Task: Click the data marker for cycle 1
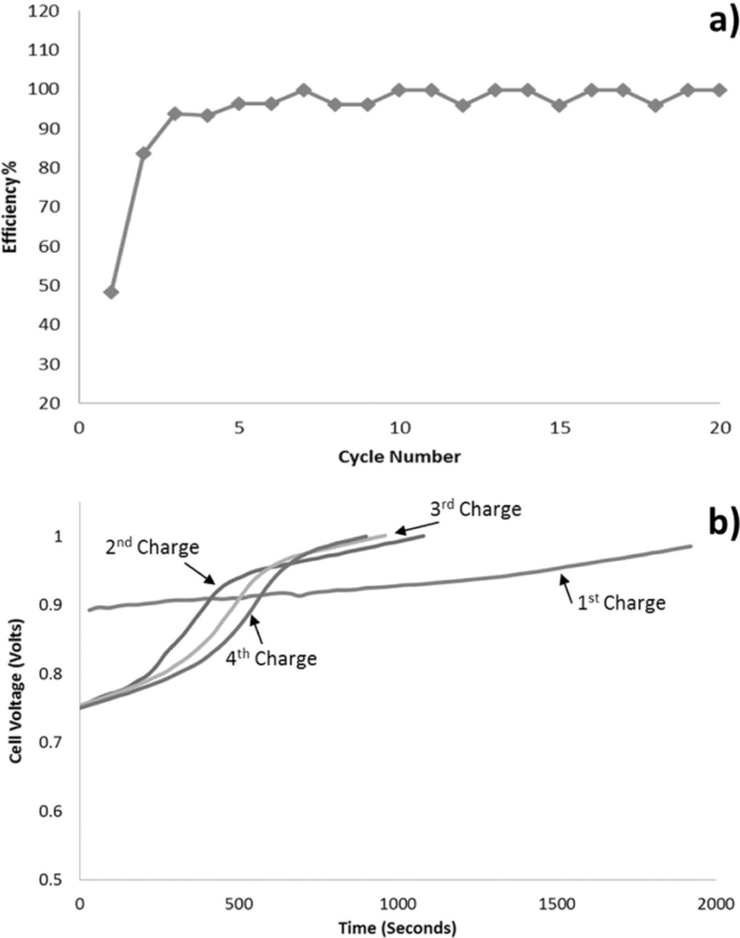(111, 292)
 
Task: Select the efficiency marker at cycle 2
(143, 153)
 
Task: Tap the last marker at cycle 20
(720, 90)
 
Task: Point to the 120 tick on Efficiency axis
(44, 11)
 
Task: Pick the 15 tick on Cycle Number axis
(560, 428)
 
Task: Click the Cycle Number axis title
(399, 457)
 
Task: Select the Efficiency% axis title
(10, 207)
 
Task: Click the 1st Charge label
(621, 602)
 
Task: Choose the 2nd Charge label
(152, 547)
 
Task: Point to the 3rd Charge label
(476, 509)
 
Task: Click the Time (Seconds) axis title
(397, 928)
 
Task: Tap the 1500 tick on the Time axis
(557, 904)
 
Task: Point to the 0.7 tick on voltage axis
(51, 742)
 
